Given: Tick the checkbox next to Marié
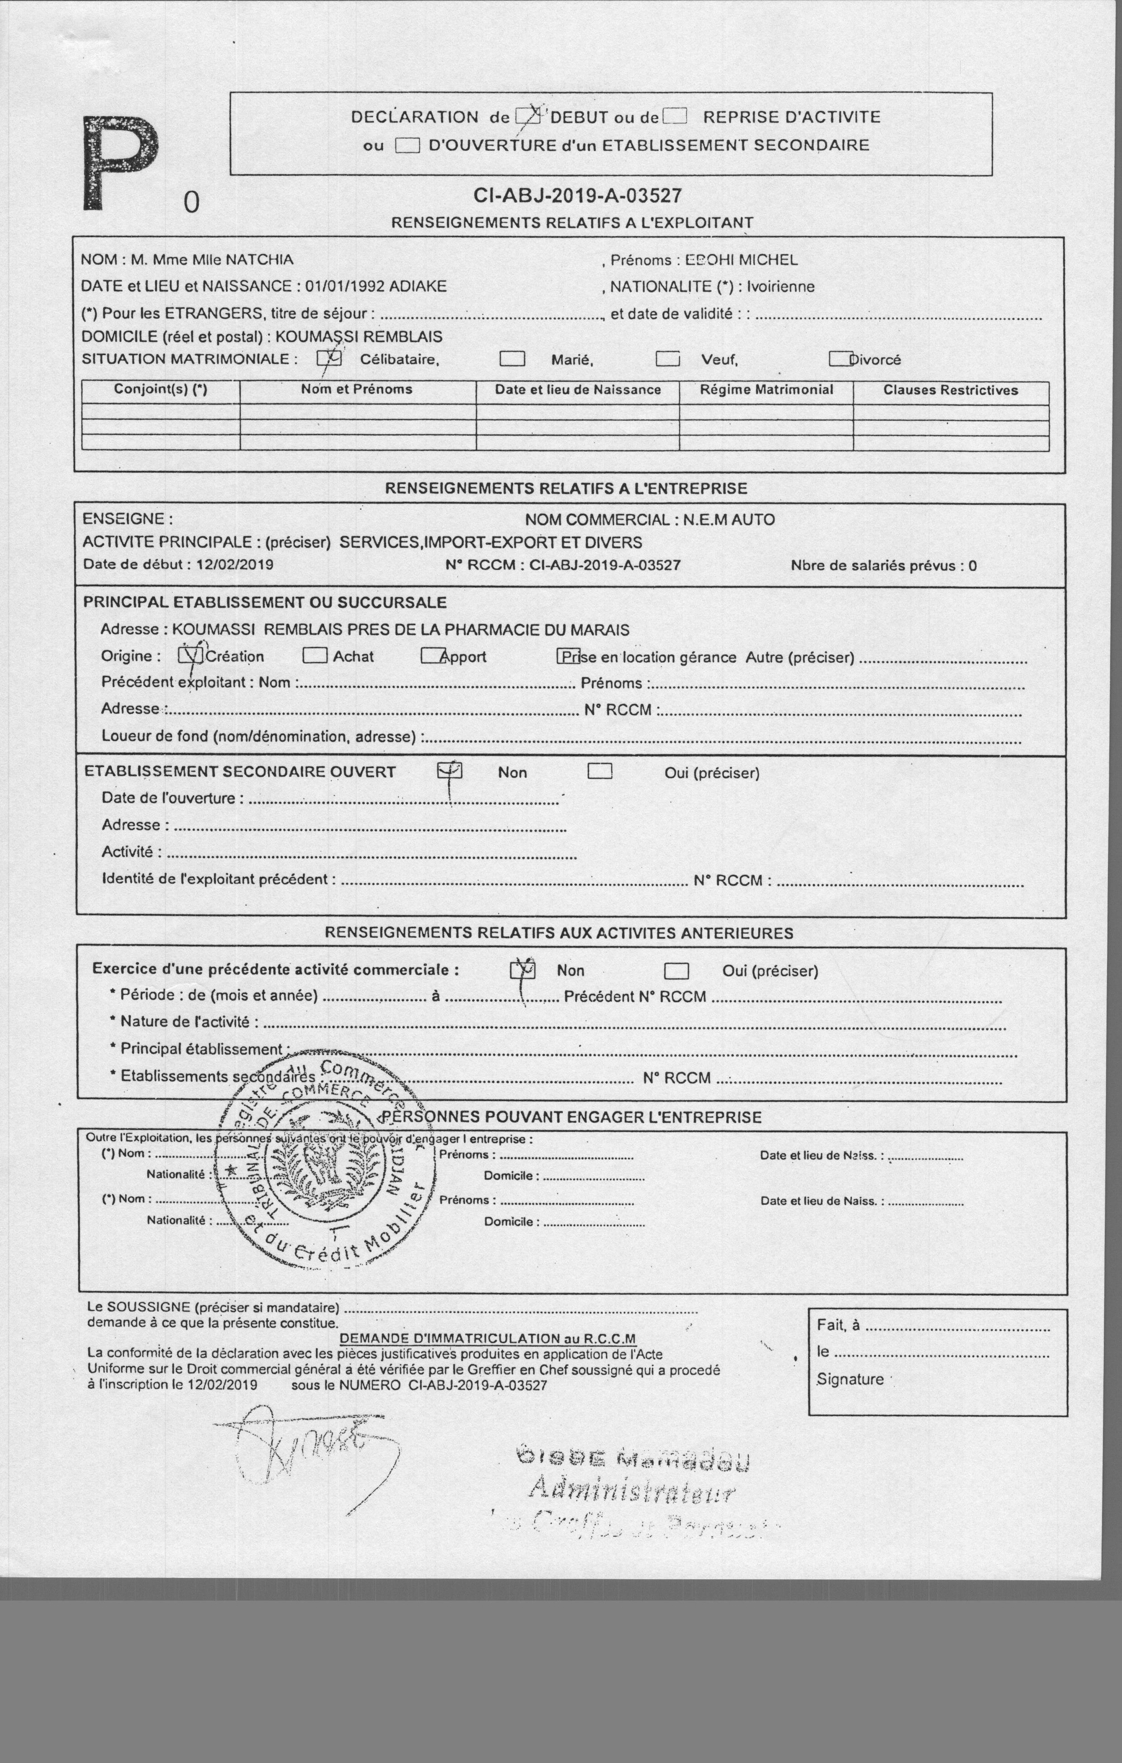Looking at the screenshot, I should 512,359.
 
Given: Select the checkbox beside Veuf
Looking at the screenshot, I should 667,359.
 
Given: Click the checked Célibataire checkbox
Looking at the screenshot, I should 329,358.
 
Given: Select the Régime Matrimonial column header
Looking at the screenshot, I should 766,390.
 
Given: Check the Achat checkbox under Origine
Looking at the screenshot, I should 315,655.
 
